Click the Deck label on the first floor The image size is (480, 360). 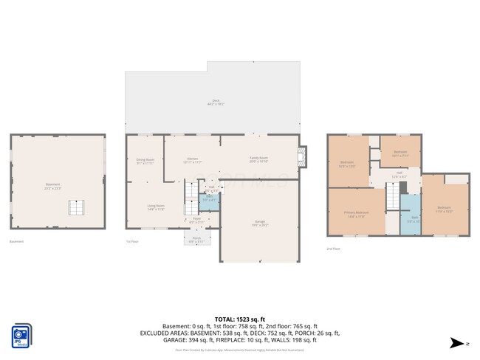click(216, 103)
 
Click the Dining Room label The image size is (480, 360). click(145, 161)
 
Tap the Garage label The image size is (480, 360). click(260, 226)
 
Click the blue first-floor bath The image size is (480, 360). click(209, 199)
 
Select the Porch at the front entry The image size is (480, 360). click(196, 238)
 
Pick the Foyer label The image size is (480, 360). click(196, 219)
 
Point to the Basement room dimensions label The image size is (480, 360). click(52, 186)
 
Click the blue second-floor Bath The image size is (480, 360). click(410, 218)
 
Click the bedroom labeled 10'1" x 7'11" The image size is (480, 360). click(400, 153)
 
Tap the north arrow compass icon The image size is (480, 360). click(459, 343)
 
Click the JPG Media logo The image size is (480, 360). click(21, 335)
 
